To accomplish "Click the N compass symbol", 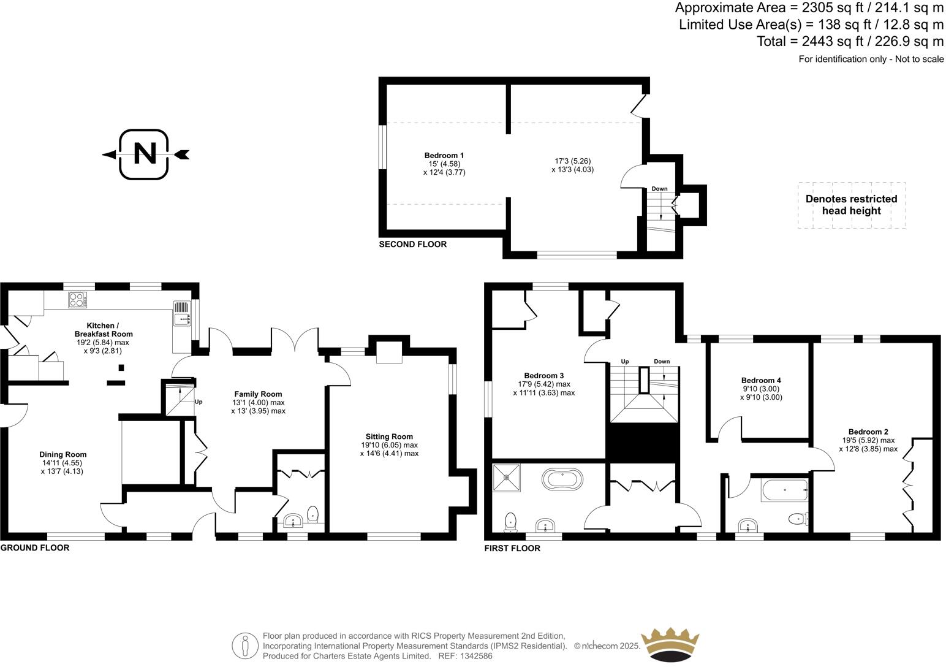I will coord(145,154).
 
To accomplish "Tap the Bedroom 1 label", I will coord(444,156).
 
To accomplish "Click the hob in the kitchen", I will coord(77,300).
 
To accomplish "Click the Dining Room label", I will coord(63,454).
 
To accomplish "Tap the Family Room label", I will coord(258,394).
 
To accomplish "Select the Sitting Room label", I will coord(389,436).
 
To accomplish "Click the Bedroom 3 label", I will coord(543,376).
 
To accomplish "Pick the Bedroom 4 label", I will coord(761,380).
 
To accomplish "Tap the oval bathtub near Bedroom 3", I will coord(562,479).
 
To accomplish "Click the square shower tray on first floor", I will coord(507,478).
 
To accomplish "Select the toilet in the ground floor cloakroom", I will coord(312,514).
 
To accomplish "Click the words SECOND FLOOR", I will coord(413,244).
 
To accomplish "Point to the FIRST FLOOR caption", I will coord(512,548).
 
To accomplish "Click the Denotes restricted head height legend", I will coord(851,205).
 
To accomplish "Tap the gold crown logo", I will coord(669,644).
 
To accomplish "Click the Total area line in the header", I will coord(850,41).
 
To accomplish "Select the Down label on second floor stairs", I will coord(659,189).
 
